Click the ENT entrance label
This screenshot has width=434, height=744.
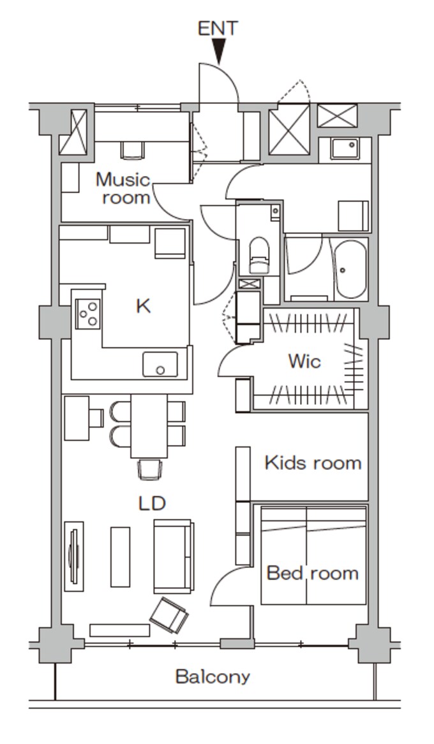[218, 29]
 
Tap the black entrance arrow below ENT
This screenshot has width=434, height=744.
[218, 51]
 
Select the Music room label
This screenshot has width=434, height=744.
[123, 188]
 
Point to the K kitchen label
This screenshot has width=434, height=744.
[144, 307]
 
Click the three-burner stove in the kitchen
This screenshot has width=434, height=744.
[88, 314]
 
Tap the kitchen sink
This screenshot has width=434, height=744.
[160, 365]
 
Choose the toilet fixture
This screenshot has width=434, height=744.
[259, 255]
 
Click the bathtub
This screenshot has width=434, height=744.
[350, 269]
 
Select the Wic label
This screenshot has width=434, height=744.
[304, 361]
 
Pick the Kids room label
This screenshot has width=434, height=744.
[313, 463]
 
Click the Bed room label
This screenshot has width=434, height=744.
[313, 573]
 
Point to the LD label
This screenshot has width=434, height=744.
[152, 503]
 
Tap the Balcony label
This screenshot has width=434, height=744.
[213, 676]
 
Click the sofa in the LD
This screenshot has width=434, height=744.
[174, 556]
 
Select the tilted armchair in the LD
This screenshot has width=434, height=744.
[169, 615]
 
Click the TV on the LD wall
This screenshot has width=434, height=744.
[73, 556]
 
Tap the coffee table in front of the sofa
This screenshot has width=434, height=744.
[120, 557]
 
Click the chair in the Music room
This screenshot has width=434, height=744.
[133, 150]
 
